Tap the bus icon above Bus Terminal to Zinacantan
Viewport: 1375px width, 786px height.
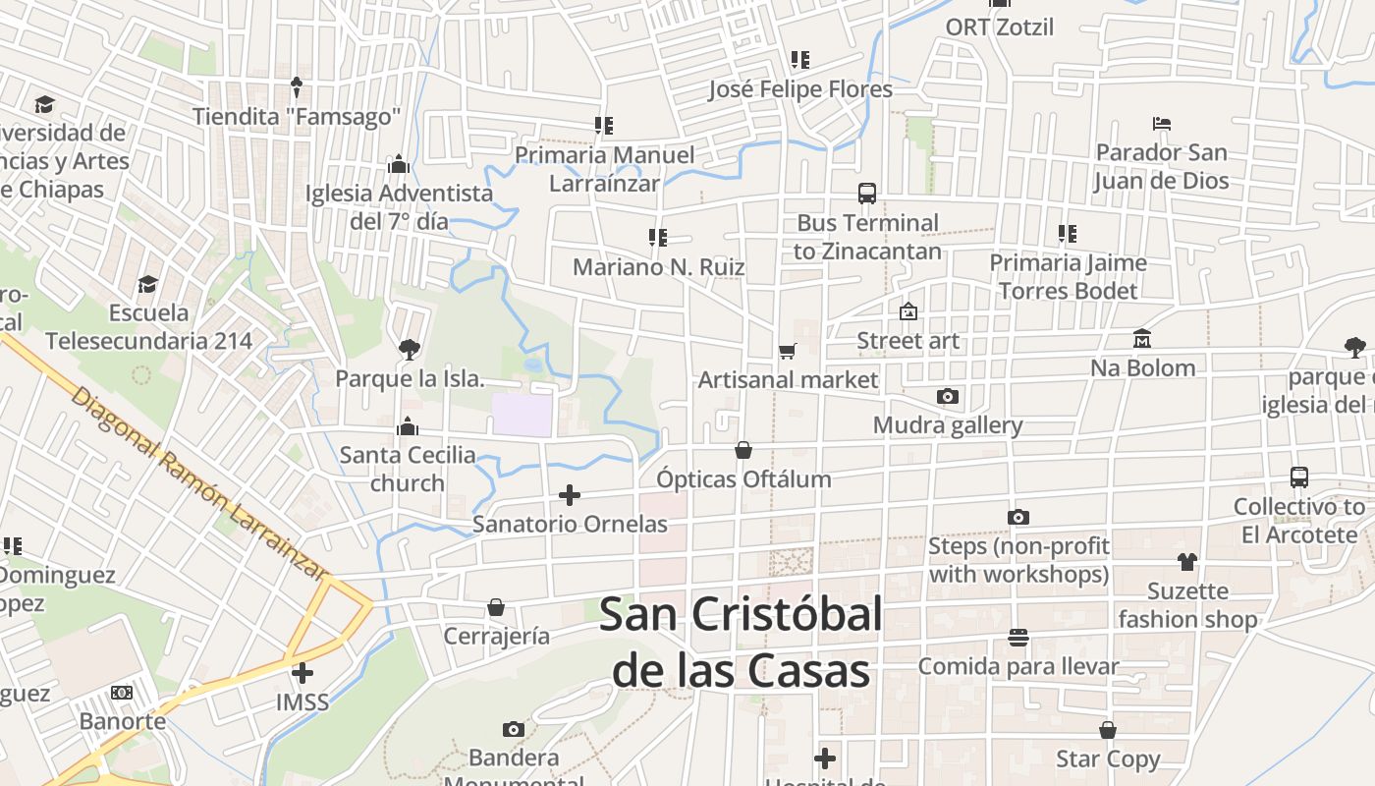[867, 194]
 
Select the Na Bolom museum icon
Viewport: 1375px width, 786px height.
[1142, 339]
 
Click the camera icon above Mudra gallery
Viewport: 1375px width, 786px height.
[948, 397]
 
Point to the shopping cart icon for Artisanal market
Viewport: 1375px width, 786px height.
[787, 351]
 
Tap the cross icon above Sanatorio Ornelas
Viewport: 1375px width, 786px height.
[570, 495]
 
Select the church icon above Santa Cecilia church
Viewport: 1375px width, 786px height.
[408, 426]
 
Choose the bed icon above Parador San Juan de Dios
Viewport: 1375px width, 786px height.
[1162, 124]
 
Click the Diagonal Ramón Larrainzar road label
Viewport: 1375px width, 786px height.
[200, 485]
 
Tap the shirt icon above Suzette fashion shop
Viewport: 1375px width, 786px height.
[1187, 562]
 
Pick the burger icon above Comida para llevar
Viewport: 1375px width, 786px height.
[1018, 638]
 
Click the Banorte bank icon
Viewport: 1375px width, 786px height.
[122, 693]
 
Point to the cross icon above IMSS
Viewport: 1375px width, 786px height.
[302, 673]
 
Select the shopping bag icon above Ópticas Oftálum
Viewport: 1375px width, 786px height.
[743, 450]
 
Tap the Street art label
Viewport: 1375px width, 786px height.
[907, 341]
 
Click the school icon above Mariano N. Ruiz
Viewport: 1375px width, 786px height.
[658, 237]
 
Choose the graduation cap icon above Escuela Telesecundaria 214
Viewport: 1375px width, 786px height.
[147, 284]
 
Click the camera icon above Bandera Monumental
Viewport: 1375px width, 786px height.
[513, 729]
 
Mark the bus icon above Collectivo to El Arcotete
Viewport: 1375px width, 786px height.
[1299, 477]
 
